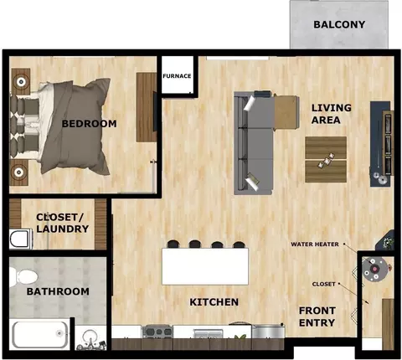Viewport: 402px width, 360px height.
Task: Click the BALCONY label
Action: (339, 24)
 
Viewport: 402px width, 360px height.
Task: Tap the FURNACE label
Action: (177, 76)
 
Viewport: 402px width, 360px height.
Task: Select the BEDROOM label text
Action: (90, 124)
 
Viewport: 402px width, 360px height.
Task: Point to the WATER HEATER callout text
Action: (315, 244)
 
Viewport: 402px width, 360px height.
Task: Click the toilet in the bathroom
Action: (23, 276)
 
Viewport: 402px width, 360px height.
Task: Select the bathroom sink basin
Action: (90, 337)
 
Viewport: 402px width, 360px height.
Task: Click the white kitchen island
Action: (205, 266)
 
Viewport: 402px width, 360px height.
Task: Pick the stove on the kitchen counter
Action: (157, 332)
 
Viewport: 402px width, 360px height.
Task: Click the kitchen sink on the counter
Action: (209, 333)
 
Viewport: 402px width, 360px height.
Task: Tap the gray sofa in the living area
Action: (254, 143)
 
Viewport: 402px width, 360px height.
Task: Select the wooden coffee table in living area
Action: (326, 159)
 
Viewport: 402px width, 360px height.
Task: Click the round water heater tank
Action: (374, 269)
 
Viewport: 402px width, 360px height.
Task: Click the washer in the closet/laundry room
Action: (21, 239)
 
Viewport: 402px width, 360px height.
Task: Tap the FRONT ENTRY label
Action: (317, 316)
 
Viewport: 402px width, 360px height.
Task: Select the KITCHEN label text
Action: (214, 302)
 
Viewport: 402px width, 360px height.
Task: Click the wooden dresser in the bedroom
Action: (146, 107)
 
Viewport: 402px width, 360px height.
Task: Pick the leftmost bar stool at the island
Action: (173, 244)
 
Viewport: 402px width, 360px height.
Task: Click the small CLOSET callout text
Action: (324, 284)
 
